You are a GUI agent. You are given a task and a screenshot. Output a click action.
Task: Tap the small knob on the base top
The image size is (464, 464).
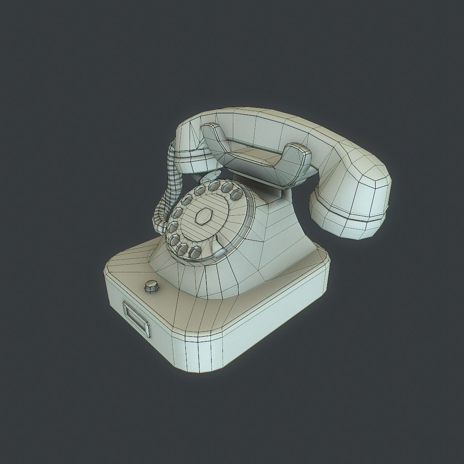point(150,286)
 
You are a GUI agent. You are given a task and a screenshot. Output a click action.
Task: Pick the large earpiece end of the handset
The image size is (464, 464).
point(351,199)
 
